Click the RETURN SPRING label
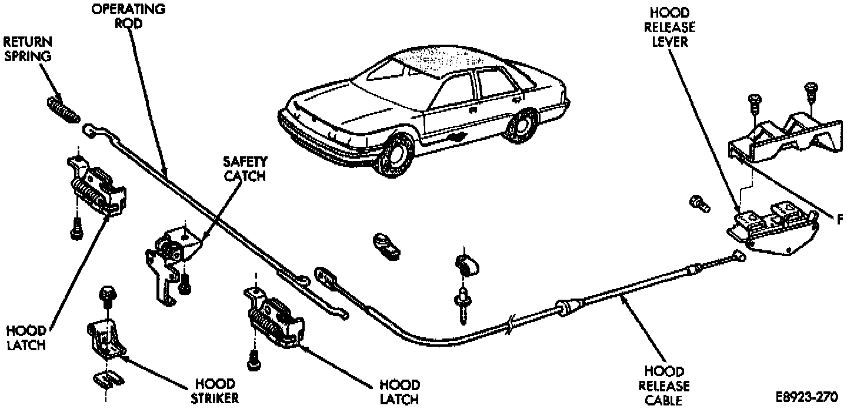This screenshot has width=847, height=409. (x=28, y=49)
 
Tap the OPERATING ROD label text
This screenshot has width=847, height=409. (x=128, y=16)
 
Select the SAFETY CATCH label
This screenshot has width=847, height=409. (x=245, y=168)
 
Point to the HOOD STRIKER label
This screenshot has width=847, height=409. (x=216, y=391)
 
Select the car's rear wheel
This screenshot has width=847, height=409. (x=520, y=126)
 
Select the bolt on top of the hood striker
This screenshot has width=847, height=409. (x=108, y=294)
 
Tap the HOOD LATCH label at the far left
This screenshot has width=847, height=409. (x=26, y=338)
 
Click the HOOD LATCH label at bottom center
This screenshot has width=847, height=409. (x=399, y=392)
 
